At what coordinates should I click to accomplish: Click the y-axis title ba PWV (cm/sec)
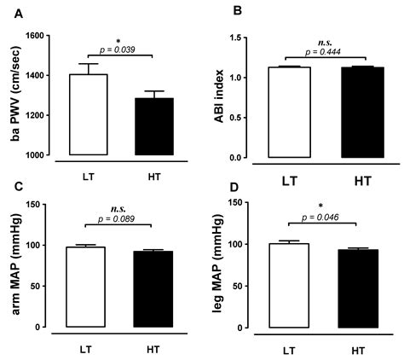pyautogui.click(x=17, y=96)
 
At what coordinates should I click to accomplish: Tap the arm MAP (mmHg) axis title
pyautogui.click(x=17, y=265)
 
